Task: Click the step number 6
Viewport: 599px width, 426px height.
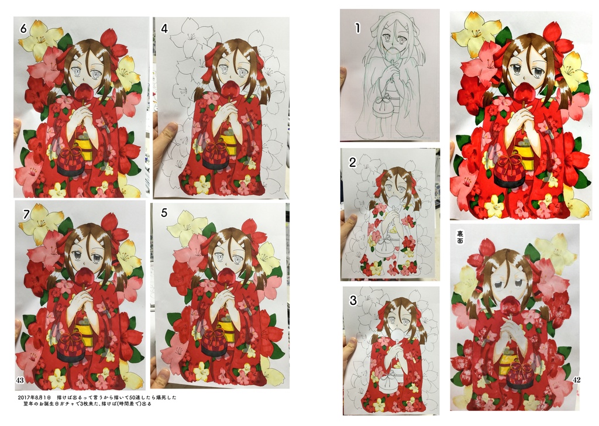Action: (x=23, y=28)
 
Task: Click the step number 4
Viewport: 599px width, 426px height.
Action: (x=164, y=28)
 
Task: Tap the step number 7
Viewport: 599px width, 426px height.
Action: (x=25, y=215)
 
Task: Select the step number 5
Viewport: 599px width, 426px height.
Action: (x=164, y=213)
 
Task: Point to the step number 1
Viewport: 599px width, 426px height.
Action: (x=357, y=26)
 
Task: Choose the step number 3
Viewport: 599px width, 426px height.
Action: (x=353, y=301)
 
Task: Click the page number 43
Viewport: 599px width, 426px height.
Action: (x=20, y=381)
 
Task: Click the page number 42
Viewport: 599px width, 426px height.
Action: (x=577, y=380)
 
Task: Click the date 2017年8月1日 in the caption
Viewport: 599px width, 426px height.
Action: (x=37, y=397)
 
